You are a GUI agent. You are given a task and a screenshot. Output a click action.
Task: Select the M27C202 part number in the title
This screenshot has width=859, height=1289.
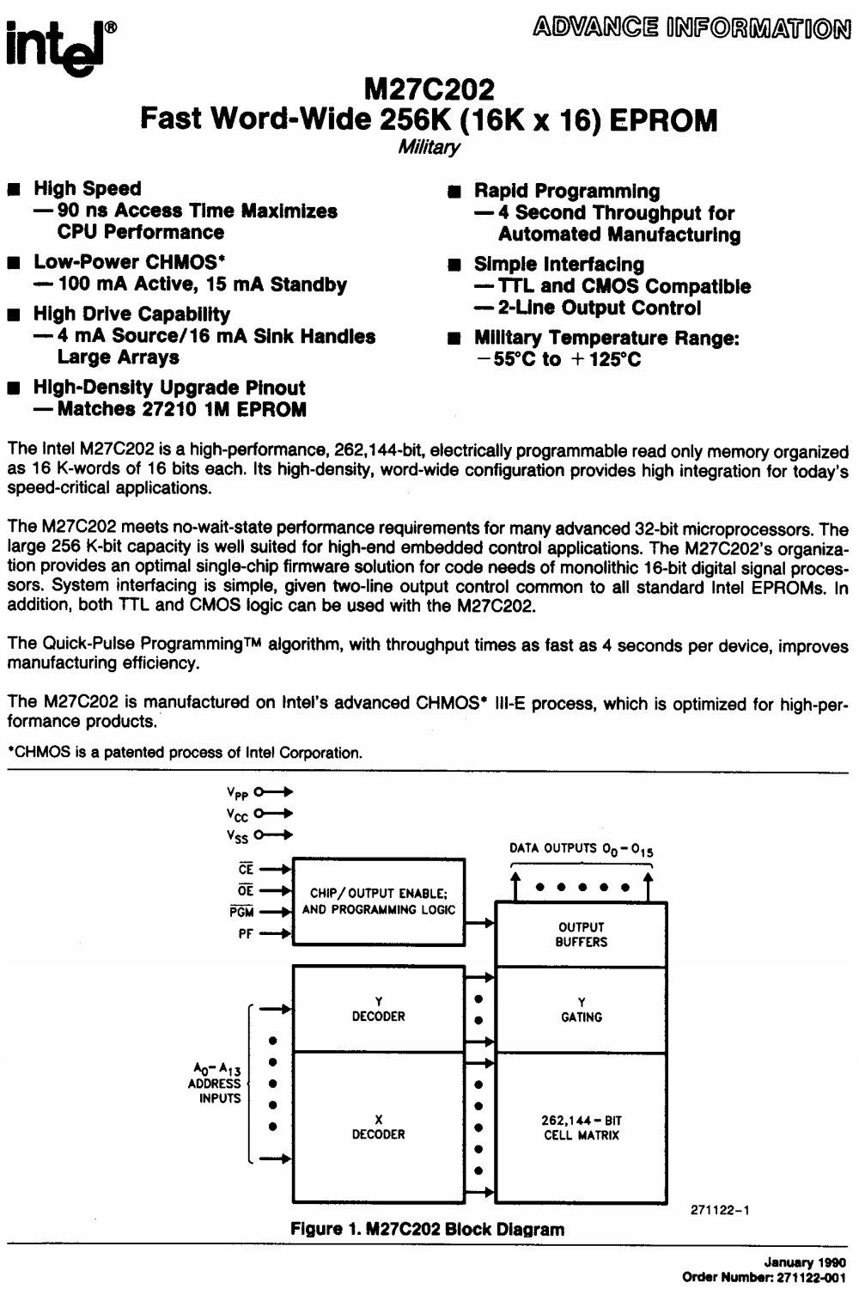pos(429,89)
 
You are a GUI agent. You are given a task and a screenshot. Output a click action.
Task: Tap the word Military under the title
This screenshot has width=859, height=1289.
pos(429,147)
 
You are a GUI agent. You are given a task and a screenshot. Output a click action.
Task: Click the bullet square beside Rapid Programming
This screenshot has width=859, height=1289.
pos(454,192)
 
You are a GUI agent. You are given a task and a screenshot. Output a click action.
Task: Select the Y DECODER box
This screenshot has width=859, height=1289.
pos(378,1009)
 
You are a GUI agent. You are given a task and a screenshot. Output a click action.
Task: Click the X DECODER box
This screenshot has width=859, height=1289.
pos(378,1127)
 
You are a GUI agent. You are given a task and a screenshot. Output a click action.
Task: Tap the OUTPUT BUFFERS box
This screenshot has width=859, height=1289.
pos(581,934)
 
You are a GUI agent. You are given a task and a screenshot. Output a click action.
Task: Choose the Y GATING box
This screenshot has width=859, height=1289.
pos(581,1009)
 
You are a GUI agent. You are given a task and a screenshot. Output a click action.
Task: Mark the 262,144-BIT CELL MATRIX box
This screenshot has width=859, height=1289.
pos(581,1127)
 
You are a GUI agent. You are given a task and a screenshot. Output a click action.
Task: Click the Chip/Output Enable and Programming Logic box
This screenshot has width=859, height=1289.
pos(378,901)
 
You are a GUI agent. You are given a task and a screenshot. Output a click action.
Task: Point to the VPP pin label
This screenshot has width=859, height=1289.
pos(237,793)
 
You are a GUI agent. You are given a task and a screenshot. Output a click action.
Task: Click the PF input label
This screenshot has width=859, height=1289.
pos(245,934)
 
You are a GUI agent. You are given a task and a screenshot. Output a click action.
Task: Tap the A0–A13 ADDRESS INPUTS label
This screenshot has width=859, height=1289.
pos(216,1084)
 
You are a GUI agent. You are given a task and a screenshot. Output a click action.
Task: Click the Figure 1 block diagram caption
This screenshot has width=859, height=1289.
pos(427,1229)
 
